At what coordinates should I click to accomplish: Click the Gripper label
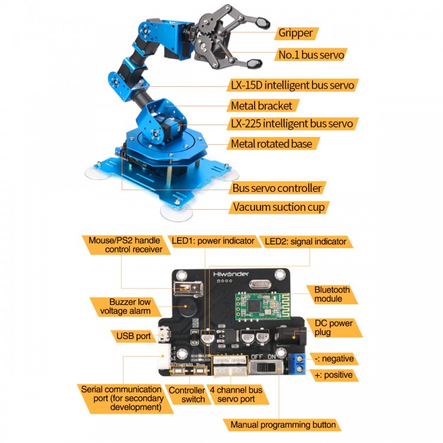pyautogui.click(x=295, y=33)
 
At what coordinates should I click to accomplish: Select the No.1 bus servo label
pyautogui.click(x=311, y=56)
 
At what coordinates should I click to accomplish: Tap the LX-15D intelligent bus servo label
pyautogui.click(x=292, y=85)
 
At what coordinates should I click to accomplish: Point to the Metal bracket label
pyautogui.click(x=261, y=106)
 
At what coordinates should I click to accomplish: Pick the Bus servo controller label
pyautogui.click(x=277, y=188)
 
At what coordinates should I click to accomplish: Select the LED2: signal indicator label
pyautogui.click(x=306, y=241)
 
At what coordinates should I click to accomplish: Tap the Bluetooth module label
pyautogui.click(x=332, y=294)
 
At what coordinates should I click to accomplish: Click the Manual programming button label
pyautogui.click(x=283, y=425)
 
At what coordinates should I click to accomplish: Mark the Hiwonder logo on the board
pyautogui.click(x=231, y=274)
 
